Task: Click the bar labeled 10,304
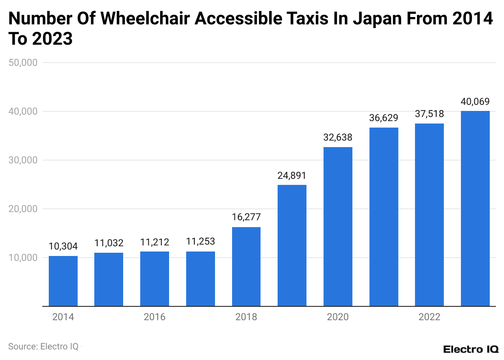point(63,281)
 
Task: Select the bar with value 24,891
point(292,245)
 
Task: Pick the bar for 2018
point(246,267)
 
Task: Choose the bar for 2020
point(338,227)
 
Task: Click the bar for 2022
point(429,215)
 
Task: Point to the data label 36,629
point(384,118)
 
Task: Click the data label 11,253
point(200,242)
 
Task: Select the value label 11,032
point(109,243)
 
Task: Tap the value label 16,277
point(246,217)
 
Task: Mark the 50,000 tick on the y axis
point(23,63)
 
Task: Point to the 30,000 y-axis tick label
point(23,160)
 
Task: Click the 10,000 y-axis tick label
point(23,258)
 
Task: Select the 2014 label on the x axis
point(63,317)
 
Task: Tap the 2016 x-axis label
point(154,317)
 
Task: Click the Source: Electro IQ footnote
point(43,347)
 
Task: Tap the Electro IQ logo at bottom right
point(470,349)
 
